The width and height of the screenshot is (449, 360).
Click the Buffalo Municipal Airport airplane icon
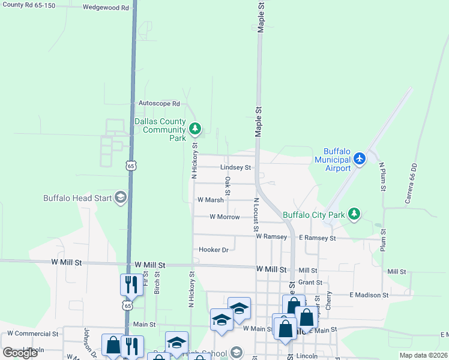tap(359, 159)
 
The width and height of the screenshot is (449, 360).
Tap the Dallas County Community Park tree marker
tap(194, 128)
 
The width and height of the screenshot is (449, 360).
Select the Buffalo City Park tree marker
tap(354, 214)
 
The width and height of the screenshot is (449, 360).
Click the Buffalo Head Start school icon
tap(120, 198)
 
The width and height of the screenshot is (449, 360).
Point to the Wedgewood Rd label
tap(106, 8)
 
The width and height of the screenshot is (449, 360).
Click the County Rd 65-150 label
tap(29, 5)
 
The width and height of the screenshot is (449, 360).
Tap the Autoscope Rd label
tap(159, 103)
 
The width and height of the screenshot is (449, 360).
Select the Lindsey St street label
tap(235, 167)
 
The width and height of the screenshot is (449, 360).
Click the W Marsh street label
tap(210, 200)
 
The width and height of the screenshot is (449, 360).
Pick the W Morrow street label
tap(224, 217)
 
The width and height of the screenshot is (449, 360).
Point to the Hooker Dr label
tap(214, 250)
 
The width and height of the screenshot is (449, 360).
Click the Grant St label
tap(310, 282)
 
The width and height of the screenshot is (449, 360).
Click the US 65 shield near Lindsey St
tap(131, 165)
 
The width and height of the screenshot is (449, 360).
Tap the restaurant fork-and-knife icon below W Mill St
tap(131, 285)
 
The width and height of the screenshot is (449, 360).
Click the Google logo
tap(20, 353)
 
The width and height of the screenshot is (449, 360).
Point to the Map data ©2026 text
tap(423, 355)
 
